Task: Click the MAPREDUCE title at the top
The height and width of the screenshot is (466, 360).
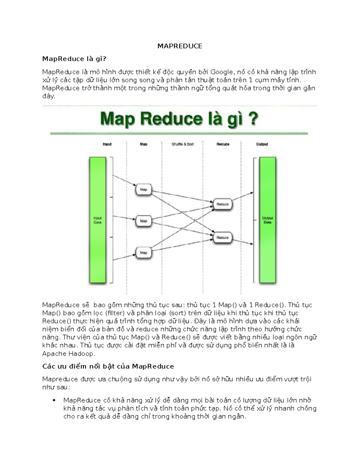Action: coord(180,46)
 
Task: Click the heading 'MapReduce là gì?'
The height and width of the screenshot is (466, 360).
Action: coord(74,59)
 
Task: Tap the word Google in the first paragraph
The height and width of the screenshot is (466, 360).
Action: coord(221,72)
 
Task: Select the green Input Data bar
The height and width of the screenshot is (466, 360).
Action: coord(97,220)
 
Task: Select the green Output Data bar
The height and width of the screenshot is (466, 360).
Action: coord(267,220)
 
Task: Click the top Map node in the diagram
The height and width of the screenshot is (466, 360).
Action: coord(143,190)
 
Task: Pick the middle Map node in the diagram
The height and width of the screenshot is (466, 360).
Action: coord(143,221)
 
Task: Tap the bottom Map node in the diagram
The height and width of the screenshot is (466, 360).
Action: coord(143,253)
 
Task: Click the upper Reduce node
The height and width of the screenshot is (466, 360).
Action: coord(222,204)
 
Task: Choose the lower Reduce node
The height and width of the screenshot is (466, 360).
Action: coord(222,238)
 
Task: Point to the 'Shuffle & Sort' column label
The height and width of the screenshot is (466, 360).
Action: coord(182,144)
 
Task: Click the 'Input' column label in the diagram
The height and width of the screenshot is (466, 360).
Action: coord(107,144)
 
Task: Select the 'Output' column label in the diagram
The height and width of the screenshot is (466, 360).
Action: coord(262,144)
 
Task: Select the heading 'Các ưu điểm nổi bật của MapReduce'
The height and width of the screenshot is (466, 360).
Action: coord(108,366)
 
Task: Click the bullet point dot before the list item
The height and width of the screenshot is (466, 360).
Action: coord(54,400)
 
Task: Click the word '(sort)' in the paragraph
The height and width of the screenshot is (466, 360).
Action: coord(178,313)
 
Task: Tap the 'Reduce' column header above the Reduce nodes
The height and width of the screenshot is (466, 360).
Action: coord(223,144)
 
